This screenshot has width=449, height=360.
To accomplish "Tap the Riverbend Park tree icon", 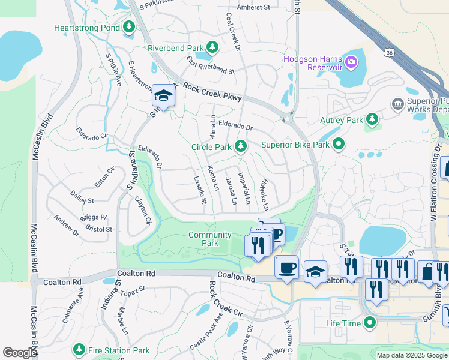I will (x=212, y=47).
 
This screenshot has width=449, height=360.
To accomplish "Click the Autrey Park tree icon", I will (x=372, y=119).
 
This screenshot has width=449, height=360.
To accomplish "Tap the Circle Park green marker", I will (x=241, y=146).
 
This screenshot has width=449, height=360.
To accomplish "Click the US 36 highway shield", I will (x=390, y=53).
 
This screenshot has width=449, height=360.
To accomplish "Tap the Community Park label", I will (x=209, y=239).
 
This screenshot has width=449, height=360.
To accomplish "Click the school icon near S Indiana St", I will (x=163, y=95).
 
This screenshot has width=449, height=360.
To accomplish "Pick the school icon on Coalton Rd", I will (x=315, y=271).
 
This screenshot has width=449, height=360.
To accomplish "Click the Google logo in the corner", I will (x=20, y=353).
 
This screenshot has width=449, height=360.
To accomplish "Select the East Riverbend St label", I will (x=210, y=65).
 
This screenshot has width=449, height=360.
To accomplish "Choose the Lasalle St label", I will (x=200, y=189).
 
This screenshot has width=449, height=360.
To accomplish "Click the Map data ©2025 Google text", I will (x=411, y=355).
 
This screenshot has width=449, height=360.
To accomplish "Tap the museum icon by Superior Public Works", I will (x=397, y=105).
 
